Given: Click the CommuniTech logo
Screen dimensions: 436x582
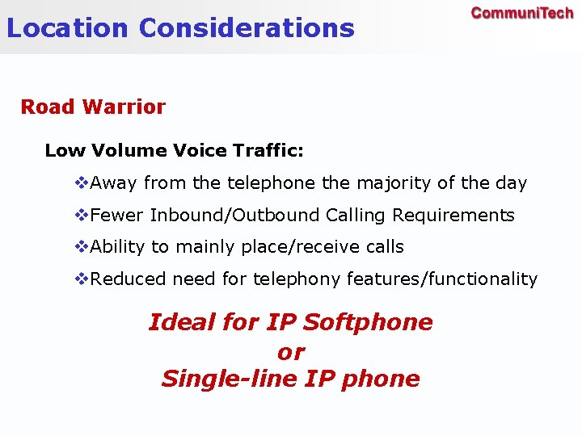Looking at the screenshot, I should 521,14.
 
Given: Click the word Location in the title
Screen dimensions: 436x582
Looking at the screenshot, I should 67,28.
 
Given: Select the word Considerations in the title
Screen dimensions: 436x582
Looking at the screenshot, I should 247,28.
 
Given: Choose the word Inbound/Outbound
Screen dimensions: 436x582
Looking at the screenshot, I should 235,216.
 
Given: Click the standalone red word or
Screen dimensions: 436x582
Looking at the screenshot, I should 290,352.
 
